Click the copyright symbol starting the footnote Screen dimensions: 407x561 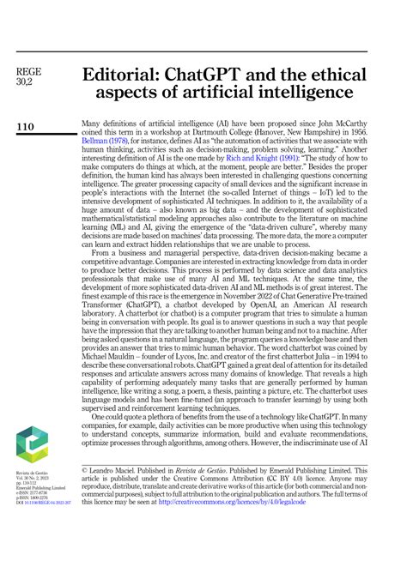84,470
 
